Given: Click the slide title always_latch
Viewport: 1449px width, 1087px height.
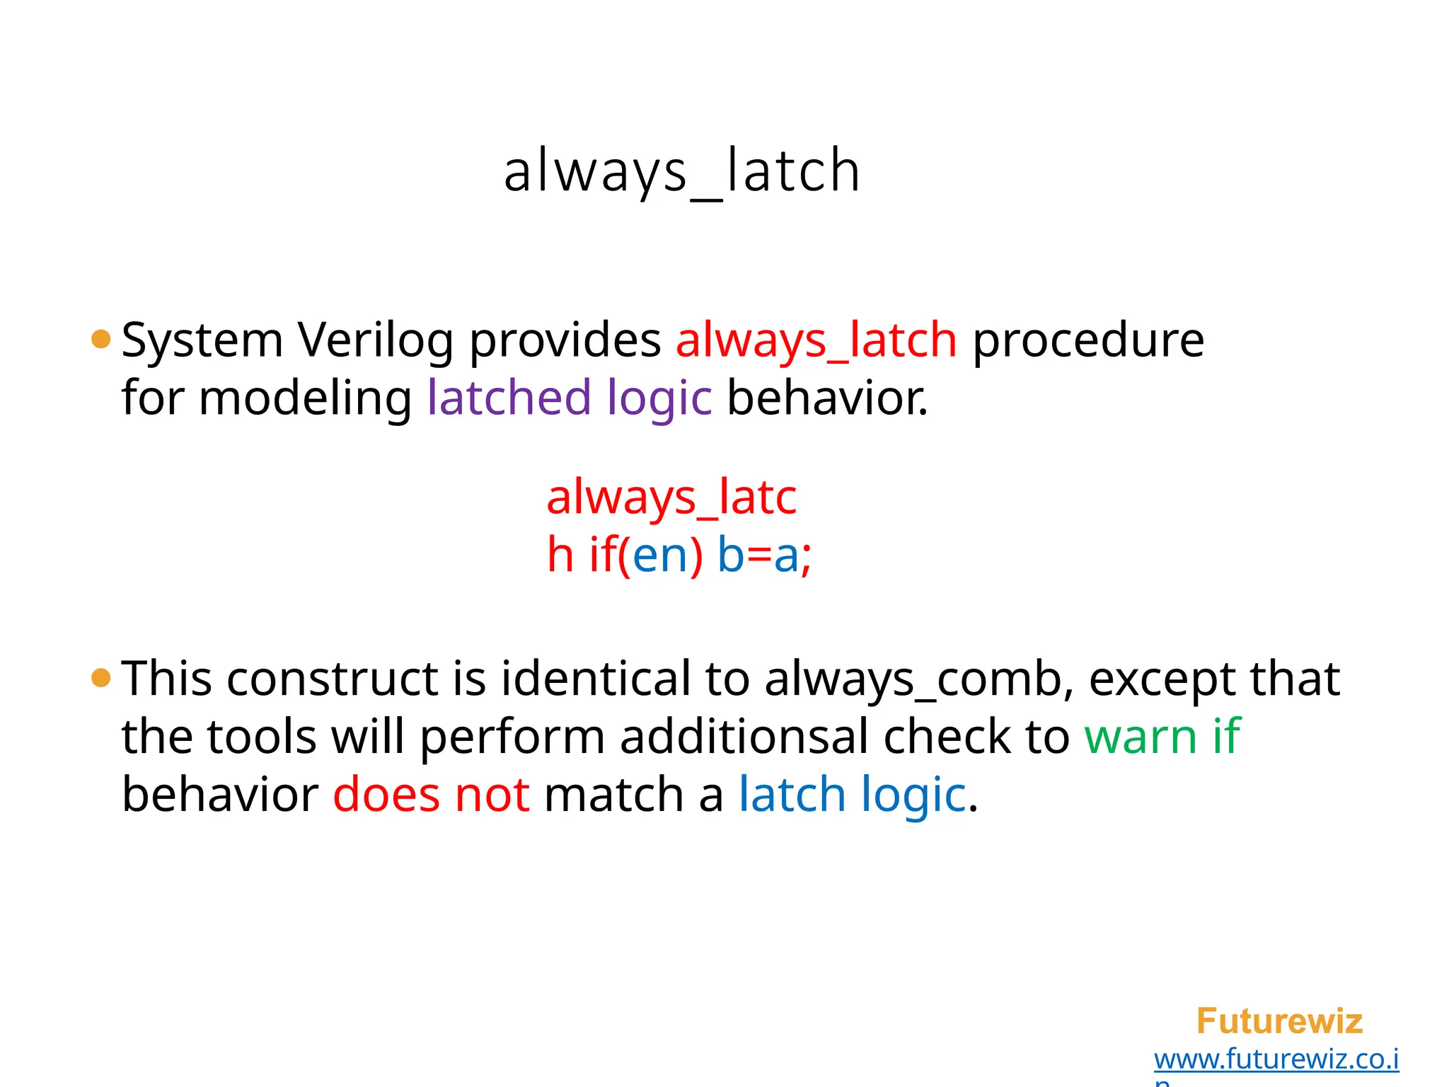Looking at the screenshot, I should (x=681, y=171).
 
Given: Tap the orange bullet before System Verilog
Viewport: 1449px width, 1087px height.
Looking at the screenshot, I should (x=101, y=339).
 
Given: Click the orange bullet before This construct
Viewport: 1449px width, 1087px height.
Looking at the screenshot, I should (x=101, y=678).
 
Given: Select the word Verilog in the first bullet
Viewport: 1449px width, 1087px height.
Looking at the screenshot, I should (x=375, y=340).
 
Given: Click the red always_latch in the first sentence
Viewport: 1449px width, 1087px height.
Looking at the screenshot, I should (x=816, y=340).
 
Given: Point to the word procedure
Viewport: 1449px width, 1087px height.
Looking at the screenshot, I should (x=1087, y=340).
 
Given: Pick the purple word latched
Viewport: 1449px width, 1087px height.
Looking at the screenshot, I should (x=509, y=398).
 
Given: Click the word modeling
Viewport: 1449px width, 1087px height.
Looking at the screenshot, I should (x=305, y=398).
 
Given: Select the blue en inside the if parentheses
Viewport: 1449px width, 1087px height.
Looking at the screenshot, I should (x=659, y=555).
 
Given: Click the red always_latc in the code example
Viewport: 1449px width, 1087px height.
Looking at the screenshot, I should (x=671, y=497).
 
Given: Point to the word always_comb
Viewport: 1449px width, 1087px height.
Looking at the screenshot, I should (x=914, y=679).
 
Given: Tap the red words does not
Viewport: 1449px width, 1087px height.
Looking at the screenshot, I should (x=431, y=795).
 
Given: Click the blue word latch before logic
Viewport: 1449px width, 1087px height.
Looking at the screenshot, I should (x=792, y=795).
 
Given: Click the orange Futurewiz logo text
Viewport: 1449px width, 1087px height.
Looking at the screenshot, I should (x=1278, y=1021).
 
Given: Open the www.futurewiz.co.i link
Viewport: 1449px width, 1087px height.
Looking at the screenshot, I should (x=1276, y=1059).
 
